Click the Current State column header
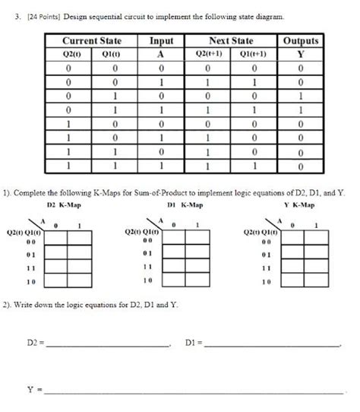(91, 40)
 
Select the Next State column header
(231, 40)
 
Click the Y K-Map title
(299, 204)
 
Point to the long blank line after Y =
(194, 390)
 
